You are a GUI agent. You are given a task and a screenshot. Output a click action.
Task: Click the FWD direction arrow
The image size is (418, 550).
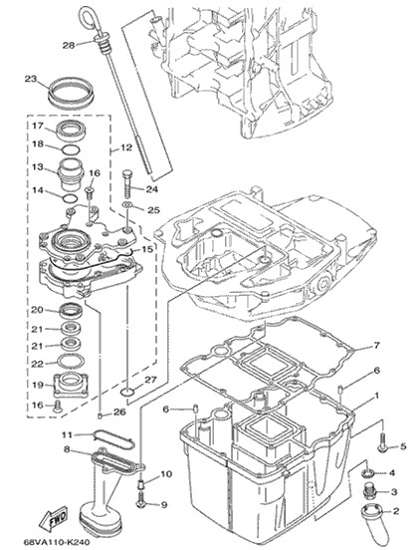(54, 518)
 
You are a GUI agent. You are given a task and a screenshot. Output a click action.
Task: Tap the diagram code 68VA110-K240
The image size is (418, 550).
(57, 542)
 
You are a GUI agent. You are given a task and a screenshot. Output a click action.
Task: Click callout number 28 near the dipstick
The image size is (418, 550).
(69, 45)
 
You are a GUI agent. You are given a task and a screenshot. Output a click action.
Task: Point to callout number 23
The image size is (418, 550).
(31, 79)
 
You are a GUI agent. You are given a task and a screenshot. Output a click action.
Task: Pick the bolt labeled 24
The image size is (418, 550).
(127, 184)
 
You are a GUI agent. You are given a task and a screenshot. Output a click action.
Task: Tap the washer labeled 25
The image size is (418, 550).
(127, 204)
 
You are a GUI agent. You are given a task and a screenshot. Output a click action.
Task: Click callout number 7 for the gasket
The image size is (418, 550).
(376, 346)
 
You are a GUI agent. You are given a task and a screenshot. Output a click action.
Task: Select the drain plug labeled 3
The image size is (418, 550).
(368, 491)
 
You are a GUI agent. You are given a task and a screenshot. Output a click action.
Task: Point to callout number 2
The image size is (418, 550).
(396, 511)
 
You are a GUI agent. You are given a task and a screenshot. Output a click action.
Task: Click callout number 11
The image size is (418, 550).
(67, 435)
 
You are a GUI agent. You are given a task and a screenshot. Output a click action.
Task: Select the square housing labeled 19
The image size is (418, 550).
(71, 385)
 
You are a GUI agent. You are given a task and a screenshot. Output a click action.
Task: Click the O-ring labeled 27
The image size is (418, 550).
(127, 392)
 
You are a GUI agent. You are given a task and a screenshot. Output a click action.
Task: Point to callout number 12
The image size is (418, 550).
(126, 147)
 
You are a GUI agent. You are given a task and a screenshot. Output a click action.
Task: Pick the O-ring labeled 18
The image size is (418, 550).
(71, 149)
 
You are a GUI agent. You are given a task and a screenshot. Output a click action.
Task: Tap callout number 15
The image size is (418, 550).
(147, 249)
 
